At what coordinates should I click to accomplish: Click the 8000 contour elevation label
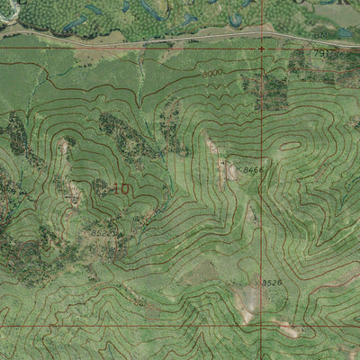click(212, 73)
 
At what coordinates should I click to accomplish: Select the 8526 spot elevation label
click(272, 283)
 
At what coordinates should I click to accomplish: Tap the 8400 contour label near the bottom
click(141, 304)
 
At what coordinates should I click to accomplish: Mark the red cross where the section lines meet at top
click(262, 49)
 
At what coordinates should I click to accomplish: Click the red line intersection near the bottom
click(262, 326)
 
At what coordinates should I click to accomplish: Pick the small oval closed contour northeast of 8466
click(290, 145)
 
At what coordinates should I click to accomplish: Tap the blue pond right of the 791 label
click(344, 33)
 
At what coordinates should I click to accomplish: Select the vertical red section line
click(262, 180)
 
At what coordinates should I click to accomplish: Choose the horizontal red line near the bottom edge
click(135, 326)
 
